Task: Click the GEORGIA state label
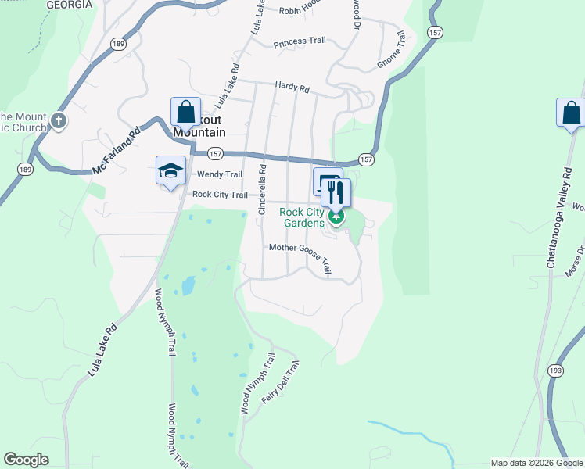70,5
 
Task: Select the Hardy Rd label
292,88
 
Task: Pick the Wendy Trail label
220,174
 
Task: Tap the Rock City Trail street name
220,195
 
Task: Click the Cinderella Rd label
264,189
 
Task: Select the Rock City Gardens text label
302,217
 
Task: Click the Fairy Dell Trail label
281,381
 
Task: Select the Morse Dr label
580,261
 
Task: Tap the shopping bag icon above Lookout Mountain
186,112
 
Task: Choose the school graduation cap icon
170,171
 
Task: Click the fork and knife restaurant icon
336,192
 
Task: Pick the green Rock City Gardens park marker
336,216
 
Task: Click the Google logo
26,460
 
